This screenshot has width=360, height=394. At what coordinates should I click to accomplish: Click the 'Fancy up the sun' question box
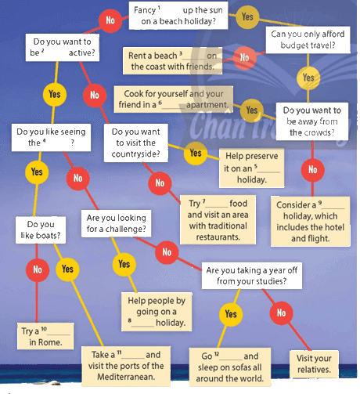click(x=178, y=16)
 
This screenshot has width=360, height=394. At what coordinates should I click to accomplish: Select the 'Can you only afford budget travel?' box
click(x=308, y=40)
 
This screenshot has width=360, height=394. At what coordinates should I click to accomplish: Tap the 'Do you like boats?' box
click(x=41, y=230)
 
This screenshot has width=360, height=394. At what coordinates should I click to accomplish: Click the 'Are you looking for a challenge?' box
click(x=116, y=223)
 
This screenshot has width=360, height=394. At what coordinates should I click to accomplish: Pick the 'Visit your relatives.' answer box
click(x=314, y=364)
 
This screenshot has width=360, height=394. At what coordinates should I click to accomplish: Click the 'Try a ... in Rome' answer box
click(x=45, y=336)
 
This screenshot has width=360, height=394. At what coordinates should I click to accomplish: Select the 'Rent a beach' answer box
click(x=172, y=61)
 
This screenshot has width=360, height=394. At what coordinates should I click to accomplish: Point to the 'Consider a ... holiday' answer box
click(x=311, y=222)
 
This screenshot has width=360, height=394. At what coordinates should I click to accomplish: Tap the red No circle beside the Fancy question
click(x=110, y=20)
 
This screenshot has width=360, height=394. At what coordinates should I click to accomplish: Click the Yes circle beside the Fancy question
click(x=247, y=17)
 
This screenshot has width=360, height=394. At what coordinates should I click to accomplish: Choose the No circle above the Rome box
click(x=38, y=269)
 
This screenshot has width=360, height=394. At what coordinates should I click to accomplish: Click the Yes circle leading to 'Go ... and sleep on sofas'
click(x=231, y=314)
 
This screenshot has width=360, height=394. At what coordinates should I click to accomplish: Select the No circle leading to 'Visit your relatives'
click(x=281, y=313)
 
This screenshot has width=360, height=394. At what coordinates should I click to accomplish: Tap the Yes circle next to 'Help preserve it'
click(x=196, y=153)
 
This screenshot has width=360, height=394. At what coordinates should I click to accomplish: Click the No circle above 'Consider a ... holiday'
click(x=313, y=170)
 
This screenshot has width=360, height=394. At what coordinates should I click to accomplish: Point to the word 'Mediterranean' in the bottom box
click(x=126, y=377)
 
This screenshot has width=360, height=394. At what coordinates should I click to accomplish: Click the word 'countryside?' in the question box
click(x=135, y=154)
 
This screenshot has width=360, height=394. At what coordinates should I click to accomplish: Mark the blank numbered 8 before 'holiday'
click(x=142, y=324)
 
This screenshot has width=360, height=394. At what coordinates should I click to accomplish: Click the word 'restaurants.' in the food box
click(x=218, y=237)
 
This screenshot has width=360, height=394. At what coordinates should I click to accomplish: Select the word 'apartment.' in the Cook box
click(x=207, y=105)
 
